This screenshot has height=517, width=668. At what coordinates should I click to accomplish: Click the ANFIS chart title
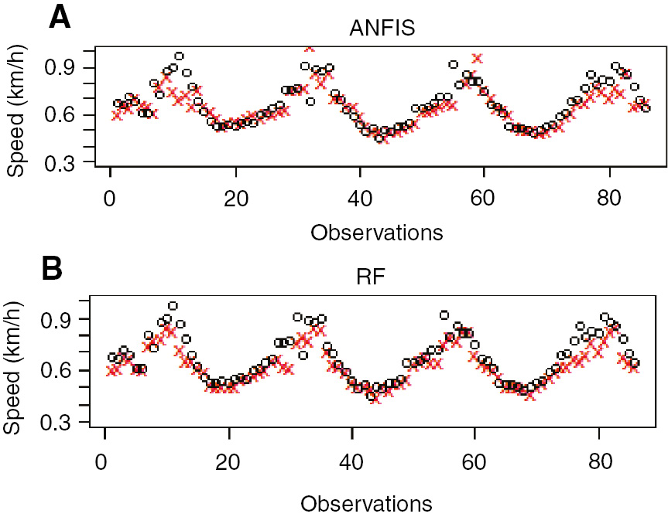click(382, 29)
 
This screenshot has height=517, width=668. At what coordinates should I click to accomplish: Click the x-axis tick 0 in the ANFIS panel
click(111, 196)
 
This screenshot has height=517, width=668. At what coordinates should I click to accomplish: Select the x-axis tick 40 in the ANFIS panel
click(359, 196)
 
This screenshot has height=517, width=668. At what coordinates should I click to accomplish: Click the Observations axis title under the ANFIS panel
click(376, 231)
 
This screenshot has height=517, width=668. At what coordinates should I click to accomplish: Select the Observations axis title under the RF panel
click(367, 504)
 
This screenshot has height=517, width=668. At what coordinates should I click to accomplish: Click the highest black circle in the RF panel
click(173, 306)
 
